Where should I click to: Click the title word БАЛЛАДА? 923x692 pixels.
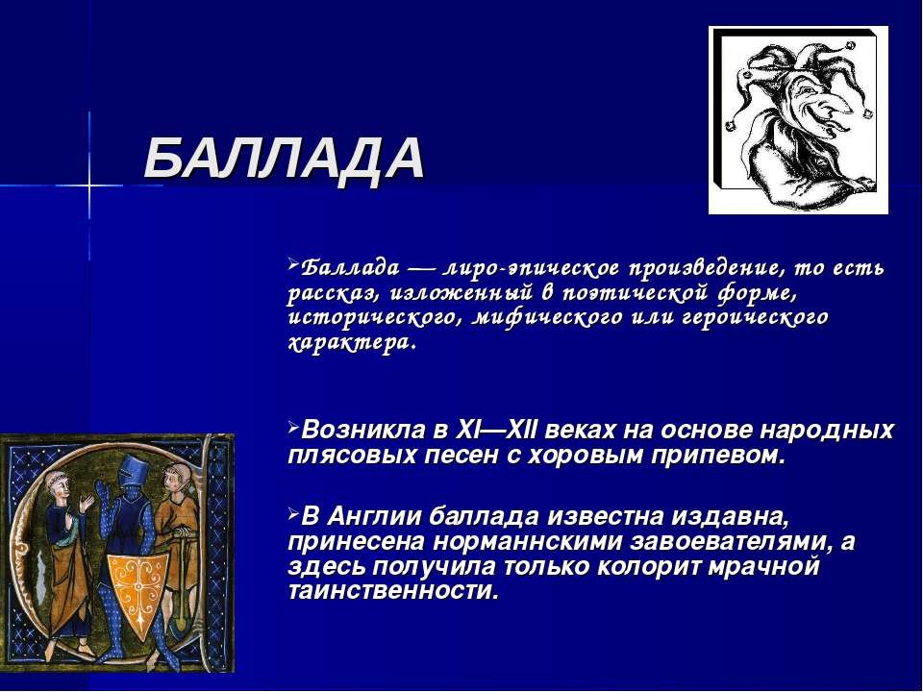point(284,159)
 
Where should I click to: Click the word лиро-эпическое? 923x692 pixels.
point(532,268)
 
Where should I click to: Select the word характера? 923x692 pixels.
point(352,342)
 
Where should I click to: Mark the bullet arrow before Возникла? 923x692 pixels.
point(293,428)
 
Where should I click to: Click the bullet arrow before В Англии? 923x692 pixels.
point(293,514)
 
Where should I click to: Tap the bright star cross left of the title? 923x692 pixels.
point(88,185)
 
